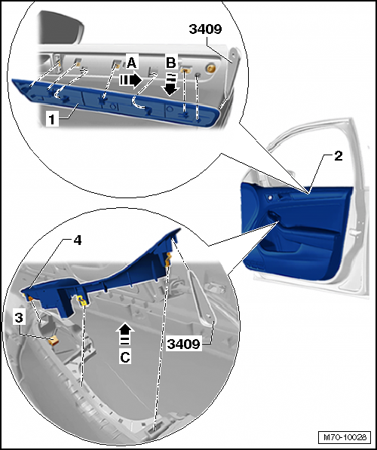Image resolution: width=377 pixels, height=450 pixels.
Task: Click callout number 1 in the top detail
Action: point(52,119)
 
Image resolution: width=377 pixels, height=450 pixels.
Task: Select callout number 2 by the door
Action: point(339,156)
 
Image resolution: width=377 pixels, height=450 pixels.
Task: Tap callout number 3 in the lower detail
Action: point(19,317)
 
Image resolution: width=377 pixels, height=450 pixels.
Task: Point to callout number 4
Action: point(77,240)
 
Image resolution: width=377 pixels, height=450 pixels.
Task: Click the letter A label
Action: point(131,63)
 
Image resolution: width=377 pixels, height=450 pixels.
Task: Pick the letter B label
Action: point(171,63)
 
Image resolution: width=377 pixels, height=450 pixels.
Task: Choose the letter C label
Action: point(125,357)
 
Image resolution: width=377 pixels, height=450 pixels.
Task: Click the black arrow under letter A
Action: point(130,80)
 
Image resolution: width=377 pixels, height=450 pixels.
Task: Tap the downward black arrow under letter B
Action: point(171,84)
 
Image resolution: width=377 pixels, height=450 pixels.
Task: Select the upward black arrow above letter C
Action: point(125,334)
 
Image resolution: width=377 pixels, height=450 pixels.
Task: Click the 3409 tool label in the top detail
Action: point(205,29)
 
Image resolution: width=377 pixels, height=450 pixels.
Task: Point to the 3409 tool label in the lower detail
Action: point(183,344)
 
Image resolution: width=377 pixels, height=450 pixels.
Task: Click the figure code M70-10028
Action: point(345,437)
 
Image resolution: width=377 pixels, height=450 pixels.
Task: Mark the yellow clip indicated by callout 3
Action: point(54,341)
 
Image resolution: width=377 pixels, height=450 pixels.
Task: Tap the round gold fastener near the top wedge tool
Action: point(212,68)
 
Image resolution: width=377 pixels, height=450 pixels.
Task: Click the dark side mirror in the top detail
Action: point(60,28)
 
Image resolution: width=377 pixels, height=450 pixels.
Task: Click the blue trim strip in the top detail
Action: point(115,101)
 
